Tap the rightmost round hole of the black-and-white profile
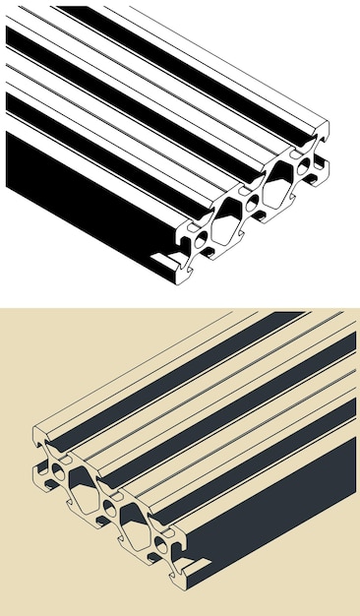306,162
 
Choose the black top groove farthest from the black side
197,59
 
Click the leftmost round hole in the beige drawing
59,472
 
